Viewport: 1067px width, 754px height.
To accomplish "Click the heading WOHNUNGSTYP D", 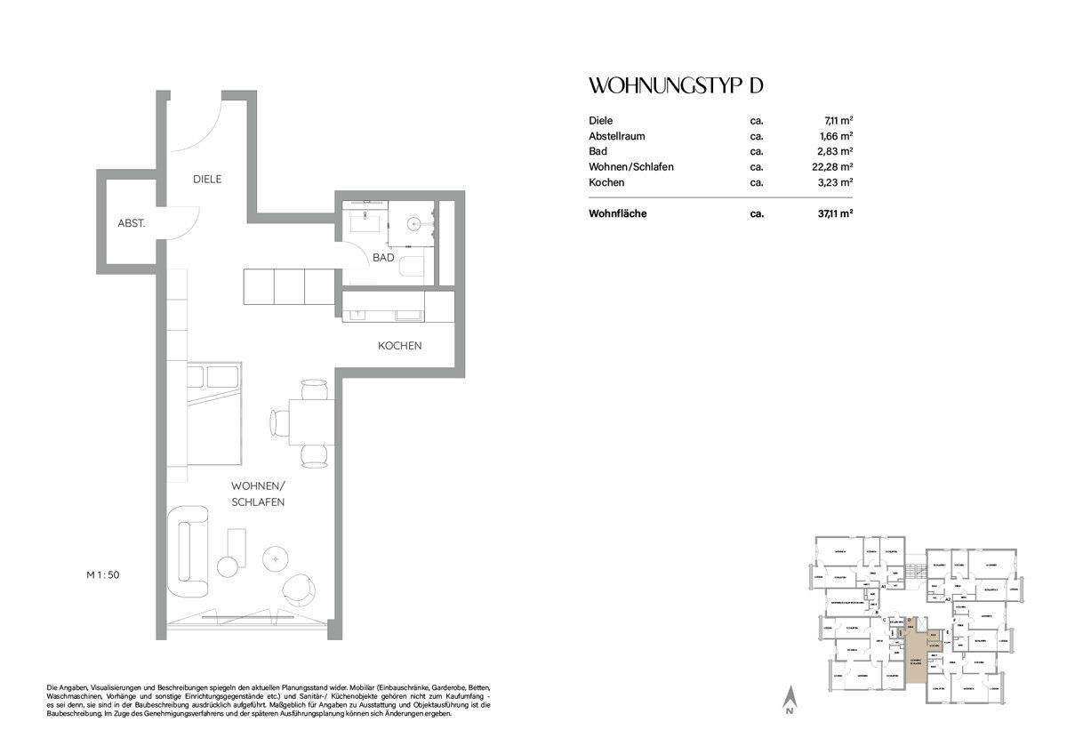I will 677,86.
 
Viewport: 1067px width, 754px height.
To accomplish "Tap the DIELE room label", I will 207,179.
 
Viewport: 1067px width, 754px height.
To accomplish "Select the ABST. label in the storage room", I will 132,222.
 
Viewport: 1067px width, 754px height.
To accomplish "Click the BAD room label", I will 383,257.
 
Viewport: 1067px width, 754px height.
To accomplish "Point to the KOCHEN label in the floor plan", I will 399,345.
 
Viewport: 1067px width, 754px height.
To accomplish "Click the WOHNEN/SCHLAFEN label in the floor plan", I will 257,494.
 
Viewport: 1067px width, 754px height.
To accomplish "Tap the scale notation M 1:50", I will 103,575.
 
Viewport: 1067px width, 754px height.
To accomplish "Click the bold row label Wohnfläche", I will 617,213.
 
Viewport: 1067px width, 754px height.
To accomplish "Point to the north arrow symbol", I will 789,701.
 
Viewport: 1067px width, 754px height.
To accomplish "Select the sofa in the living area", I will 189,552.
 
